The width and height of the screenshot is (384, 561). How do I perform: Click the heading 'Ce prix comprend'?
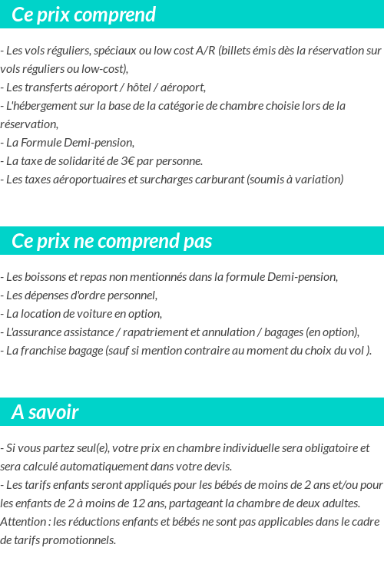[x=84, y=15]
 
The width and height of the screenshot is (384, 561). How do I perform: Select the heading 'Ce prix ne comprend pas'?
[x=111, y=241]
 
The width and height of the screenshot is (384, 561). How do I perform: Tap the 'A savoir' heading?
[x=45, y=412]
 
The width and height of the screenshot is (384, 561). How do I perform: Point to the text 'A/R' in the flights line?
[x=205, y=51]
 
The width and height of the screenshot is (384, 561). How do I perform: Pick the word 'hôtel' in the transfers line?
[x=140, y=87]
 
